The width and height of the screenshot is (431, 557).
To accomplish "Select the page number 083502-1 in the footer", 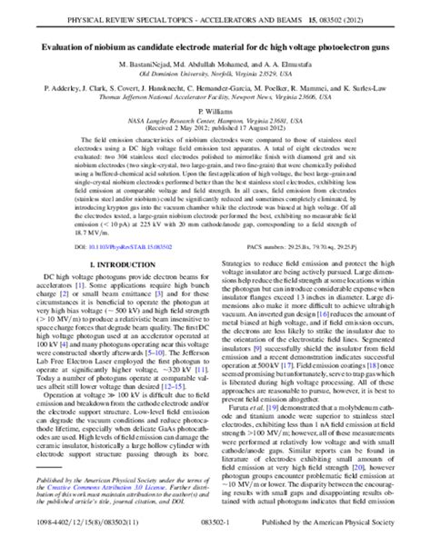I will coord(215,542).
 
